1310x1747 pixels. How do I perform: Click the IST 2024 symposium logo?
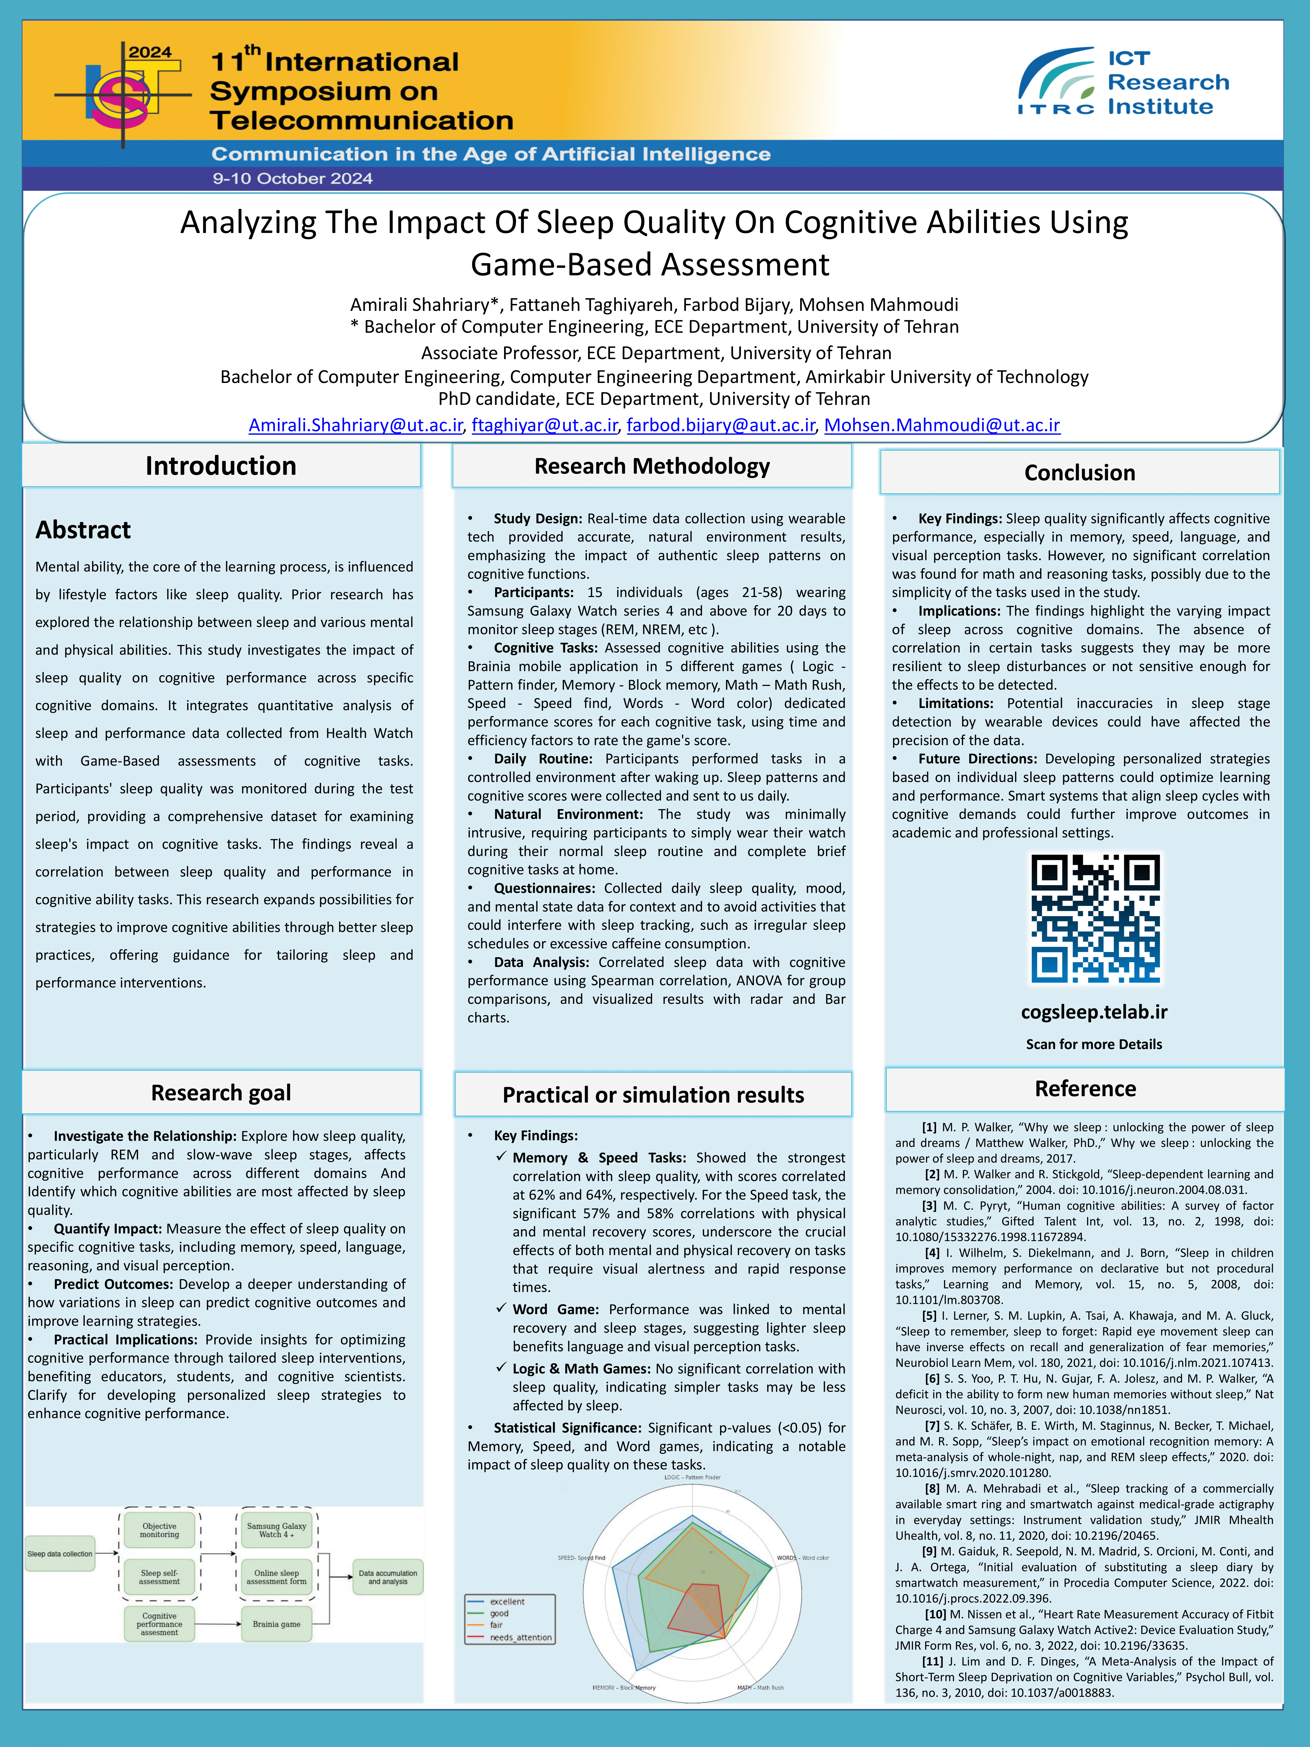pyautogui.click(x=124, y=95)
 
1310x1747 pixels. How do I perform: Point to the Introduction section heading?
pyautogui.click(x=221, y=466)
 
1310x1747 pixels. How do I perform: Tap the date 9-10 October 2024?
pyautogui.click(x=292, y=179)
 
